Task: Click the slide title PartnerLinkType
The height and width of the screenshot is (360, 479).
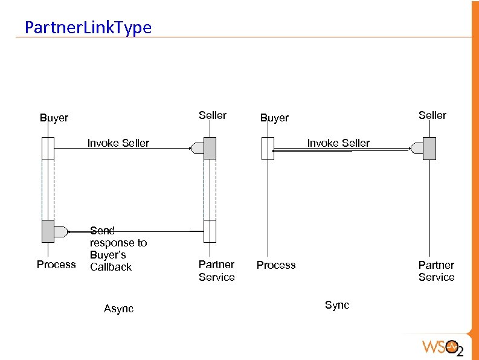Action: [x=88, y=27]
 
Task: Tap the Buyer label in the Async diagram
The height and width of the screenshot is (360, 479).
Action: [x=54, y=118]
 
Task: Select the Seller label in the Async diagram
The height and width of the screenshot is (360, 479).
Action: [x=213, y=115]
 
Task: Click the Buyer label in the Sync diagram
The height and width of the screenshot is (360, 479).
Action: [x=274, y=118]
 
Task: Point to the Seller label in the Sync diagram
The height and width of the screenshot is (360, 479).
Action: [x=432, y=115]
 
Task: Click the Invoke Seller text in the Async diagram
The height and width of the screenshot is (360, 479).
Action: [x=118, y=143]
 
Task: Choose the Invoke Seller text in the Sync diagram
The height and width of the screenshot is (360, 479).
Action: [x=338, y=143]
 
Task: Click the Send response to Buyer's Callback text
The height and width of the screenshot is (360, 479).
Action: [x=118, y=248]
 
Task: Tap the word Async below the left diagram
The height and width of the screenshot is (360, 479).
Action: [x=118, y=309]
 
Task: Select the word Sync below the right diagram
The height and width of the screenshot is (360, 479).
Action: [x=337, y=305]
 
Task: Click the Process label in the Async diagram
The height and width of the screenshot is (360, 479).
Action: [x=56, y=265]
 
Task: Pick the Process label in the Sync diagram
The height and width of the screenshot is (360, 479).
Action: [x=276, y=265]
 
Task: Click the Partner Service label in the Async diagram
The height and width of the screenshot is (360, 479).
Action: [x=217, y=271]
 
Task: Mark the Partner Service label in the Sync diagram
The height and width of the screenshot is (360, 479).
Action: [x=436, y=271]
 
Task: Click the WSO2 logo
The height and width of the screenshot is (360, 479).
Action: [x=442, y=347]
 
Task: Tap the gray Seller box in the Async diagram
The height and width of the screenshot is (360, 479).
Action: [x=210, y=149]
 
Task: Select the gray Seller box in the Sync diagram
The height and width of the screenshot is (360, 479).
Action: [x=429, y=149]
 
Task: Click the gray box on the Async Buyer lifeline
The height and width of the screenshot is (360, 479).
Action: [x=48, y=231]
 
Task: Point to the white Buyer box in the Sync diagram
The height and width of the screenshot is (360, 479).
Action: [x=268, y=149]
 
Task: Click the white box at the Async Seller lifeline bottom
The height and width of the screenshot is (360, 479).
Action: [x=210, y=231]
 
